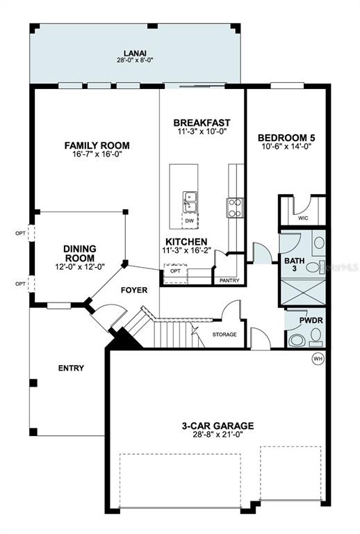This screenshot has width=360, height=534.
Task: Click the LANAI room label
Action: pyautogui.click(x=135, y=54)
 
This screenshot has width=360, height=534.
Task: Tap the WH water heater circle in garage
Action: pyautogui.click(x=318, y=359)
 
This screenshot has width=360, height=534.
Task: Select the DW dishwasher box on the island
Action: pyautogui.click(x=190, y=220)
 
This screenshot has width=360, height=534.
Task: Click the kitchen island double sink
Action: pyautogui.click(x=190, y=202)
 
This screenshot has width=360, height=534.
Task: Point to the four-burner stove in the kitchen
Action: pyautogui.click(x=235, y=208)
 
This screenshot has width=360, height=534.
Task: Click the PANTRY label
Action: pyautogui.click(x=229, y=280)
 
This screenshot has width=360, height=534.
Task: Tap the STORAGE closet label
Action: pyautogui.click(x=224, y=334)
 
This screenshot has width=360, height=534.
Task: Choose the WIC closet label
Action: pyautogui.click(x=303, y=218)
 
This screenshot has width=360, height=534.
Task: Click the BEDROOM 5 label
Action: pyautogui.click(x=286, y=138)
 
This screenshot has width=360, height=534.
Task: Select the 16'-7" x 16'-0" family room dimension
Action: pyautogui.click(x=97, y=154)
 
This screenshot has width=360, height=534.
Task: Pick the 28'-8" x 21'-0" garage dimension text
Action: pyautogui.click(x=218, y=435)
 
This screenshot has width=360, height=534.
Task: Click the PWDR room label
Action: pyautogui.click(x=311, y=321)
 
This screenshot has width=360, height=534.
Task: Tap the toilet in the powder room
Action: pyautogui.click(x=316, y=336)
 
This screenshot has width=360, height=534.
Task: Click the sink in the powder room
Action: pyautogui.click(x=297, y=340)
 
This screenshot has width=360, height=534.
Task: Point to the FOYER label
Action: pyautogui.click(x=134, y=290)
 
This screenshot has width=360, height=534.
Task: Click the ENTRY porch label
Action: pyautogui.click(x=71, y=368)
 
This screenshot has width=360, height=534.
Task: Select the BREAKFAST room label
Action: pyautogui.click(x=202, y=122)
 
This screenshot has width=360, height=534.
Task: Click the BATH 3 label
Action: pyautogui.click(x=295, y=264)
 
